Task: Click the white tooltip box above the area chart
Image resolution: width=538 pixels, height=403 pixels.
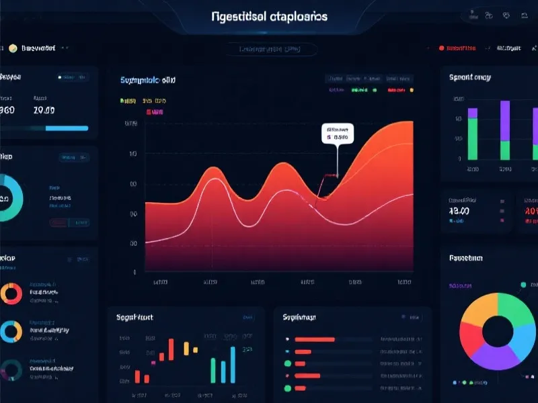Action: click(x=338, y=134)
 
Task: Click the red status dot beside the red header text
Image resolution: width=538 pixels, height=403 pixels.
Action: click(x=441, y=48)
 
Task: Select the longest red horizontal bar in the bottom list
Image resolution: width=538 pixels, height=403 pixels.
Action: click(x=315, y=339)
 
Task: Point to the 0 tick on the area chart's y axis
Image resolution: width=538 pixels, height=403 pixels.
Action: click(x=134, y=272)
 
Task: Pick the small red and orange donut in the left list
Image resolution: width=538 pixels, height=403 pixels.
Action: click(x=11, y=294)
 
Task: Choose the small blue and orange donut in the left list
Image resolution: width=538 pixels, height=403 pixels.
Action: click(x=11, y=331)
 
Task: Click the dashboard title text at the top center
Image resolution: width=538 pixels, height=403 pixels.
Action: click(x=269, y=15)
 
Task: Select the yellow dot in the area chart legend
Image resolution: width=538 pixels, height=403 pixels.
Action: click(x=411, y=89)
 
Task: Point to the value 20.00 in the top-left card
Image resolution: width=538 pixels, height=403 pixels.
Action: click(x=44, y=110)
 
